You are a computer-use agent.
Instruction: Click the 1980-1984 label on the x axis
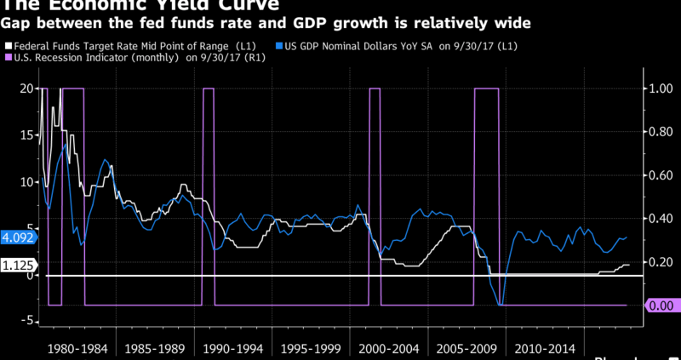78,348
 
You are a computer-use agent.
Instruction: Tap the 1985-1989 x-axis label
155,348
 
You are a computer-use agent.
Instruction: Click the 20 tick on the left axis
26,89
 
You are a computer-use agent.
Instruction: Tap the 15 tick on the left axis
26,135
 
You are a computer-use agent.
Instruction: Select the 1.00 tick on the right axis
661,89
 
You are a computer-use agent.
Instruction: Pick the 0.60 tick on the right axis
661,175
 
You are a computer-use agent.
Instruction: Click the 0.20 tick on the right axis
661,262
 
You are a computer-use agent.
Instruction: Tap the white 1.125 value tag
17,266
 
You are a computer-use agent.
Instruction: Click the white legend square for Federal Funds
8,45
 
